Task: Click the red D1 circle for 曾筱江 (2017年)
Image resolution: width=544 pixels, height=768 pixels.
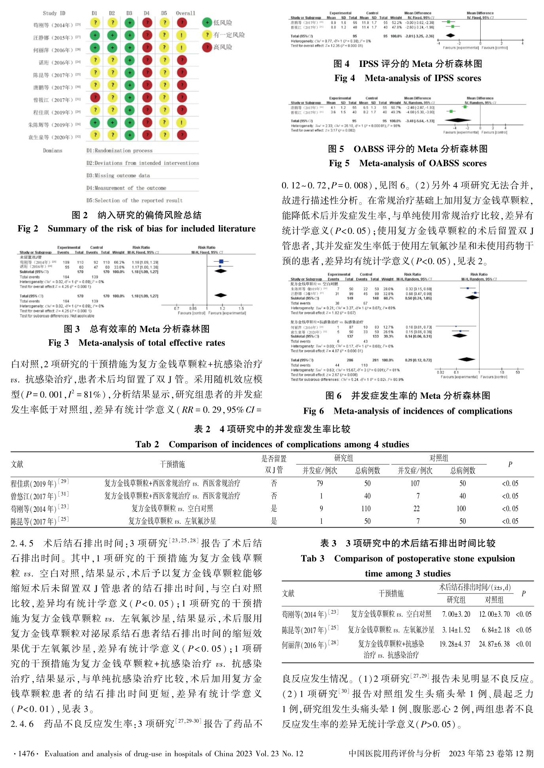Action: [95, 97]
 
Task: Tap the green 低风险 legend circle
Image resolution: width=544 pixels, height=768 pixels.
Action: [207, 23]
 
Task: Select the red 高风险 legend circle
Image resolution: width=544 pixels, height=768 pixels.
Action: [207, 47]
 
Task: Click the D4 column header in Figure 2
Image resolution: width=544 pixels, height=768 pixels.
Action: [147, 13]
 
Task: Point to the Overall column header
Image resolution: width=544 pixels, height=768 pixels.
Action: [185, 13]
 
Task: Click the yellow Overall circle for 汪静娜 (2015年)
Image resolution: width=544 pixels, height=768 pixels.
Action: [182, 35]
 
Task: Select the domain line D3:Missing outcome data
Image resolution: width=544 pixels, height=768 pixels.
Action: [118, 175]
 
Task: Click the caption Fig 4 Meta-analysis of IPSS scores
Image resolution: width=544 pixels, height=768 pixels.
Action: [408, 78]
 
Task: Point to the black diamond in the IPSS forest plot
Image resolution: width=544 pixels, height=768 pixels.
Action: [450, 36]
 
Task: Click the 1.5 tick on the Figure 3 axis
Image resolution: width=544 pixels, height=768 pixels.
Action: [241, 308]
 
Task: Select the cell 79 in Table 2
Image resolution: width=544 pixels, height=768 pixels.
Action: [320, 483]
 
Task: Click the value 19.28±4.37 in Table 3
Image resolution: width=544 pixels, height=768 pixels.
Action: [455, 644]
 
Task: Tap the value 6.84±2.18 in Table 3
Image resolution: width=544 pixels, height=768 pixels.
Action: [495, 630]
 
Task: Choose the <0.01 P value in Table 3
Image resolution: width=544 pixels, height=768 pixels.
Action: [523, 644]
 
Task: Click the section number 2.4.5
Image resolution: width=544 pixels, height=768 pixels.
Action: [22, 544]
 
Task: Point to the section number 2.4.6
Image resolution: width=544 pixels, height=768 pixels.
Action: [22, 724]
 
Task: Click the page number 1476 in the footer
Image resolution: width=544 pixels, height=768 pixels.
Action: [26, 754]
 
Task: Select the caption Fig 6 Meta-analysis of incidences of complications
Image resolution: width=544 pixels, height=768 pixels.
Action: [408, 411]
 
